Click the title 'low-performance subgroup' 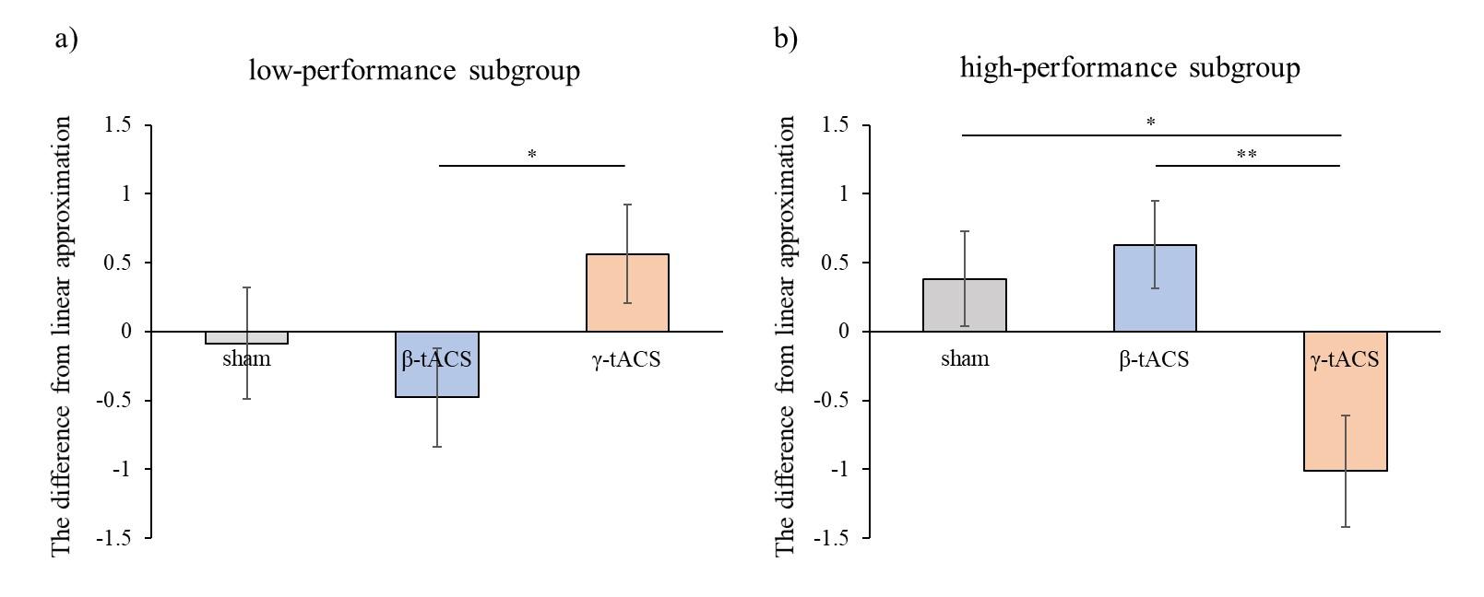pyautogui.click(x=414, y=71)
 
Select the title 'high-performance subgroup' pyautogui.click(x=1130, y=68)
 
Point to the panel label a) pyautogui.click(x=65, y=40)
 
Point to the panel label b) pyautogui.click(x=786, y=40)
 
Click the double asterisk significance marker pyautogui.click(x=1246, y=155)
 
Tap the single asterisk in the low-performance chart pyautogui.click(x=532, y=155)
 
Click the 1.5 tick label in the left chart pyautogui.click(x=117, y=125)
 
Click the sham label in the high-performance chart pyautogui.click(x=965, y=359)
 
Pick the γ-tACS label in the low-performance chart pyautogui.click(x=626, y=359)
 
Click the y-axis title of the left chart pyautogui.click(x=62, y=335)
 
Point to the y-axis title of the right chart pyautogui.click(x=785, y=335)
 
